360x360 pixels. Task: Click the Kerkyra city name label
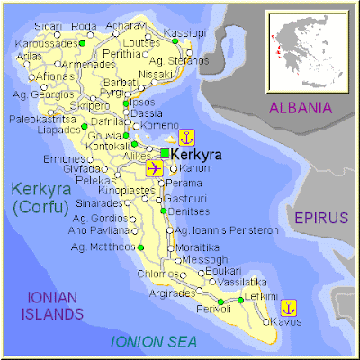click(195, 155)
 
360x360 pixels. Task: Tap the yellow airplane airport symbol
click(153, 168)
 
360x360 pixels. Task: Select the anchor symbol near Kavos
click(289, 307)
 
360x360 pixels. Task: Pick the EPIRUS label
click(319, 217)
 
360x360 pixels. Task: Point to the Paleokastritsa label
click(41, 118)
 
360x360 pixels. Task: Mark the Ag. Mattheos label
click(102, 246)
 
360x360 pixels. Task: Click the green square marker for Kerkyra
click(165, 154)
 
